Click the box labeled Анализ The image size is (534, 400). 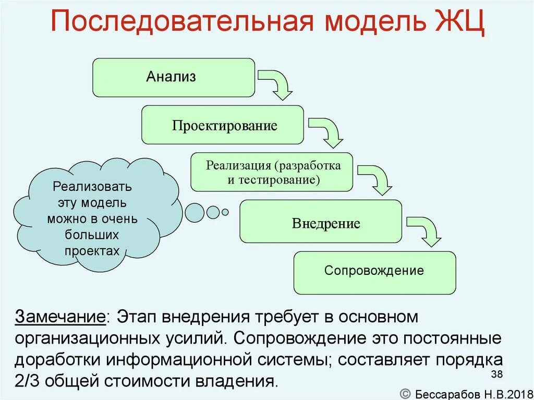(x=174, y=77)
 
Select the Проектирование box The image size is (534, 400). (x=222, y=125)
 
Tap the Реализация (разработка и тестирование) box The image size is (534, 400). (x=272, y=172)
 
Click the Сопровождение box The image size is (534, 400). (x=374, y=271)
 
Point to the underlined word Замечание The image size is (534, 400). (x=60, y=317)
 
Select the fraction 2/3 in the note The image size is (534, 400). (x=29, y=380)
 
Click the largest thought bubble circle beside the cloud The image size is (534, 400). (x=194, y=212)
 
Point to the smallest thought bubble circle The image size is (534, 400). (x=225, y=212)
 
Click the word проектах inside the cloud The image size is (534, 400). (x=92, y=250)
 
